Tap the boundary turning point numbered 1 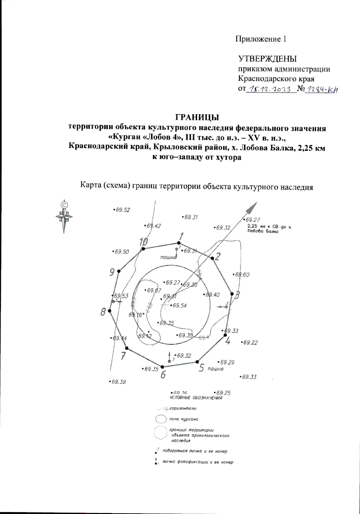[179, 243]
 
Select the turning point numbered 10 [143, 249]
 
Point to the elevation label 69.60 [242, 275]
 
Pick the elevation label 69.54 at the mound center [179, 306]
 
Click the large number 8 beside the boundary [103, 312]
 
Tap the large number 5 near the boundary [202, 368]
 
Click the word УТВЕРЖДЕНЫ [267, 59]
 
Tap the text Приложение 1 [261, 39]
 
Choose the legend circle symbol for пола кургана [161, 419]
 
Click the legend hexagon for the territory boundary [160, 433]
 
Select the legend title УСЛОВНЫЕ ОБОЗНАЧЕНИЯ [196, 398]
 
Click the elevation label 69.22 [250, 343]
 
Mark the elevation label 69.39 [118, 382]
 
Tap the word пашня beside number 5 [215, 369]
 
